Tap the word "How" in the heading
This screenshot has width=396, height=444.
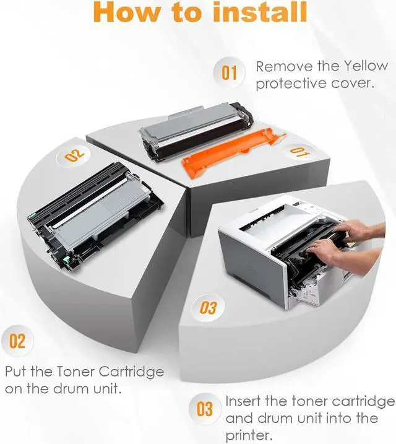(126, 12)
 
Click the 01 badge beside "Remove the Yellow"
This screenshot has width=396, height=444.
(229, 72)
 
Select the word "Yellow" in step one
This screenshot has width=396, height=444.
(366, 66)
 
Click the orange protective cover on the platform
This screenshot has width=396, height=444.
(232, 152)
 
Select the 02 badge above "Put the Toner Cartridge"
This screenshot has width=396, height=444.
(17, 341)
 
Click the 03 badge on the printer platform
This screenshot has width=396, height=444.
(208, 308)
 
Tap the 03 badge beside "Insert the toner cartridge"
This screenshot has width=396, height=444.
(204, 409)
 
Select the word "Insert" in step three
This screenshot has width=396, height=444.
(243, 401)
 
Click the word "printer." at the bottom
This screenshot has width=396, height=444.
(249, 435)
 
